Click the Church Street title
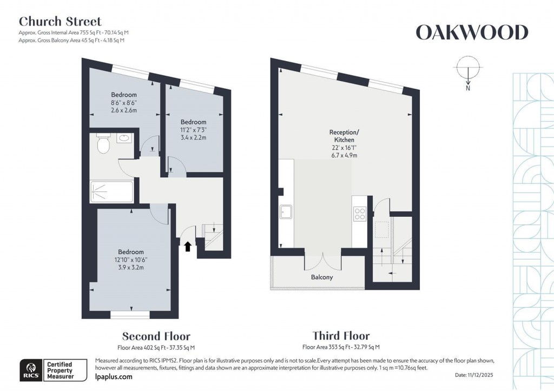(x=60, y=22)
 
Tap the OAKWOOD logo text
(x=471, y=33)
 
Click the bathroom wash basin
(x=123, y=137)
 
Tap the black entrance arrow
(x=188, y=247)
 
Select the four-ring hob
(x=359, y=214)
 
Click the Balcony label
(x=321, y=277)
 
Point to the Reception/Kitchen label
(x=344, y=136)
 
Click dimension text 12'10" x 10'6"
(x=131, y=260)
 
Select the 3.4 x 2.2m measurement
(x=193, y=137)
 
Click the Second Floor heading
(x=156, y=336)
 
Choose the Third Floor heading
(x=341, y=336)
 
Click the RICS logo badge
(x=29, y=370)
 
